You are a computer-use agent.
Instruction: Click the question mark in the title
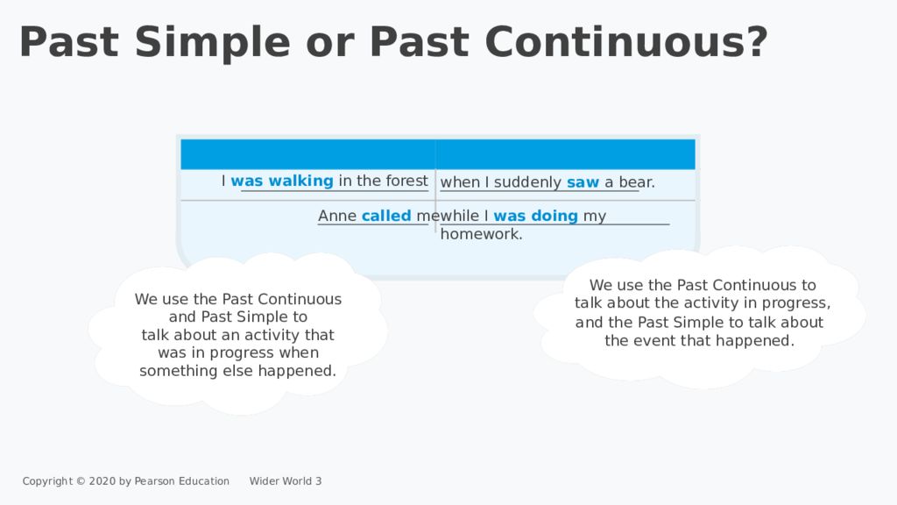756,41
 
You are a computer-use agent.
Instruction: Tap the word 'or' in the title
330,46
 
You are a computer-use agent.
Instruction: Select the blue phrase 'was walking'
282,181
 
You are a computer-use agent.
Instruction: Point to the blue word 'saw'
583,182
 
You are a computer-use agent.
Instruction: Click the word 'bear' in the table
635,182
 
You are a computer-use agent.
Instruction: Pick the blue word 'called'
386,216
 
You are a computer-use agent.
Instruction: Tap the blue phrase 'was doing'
536,216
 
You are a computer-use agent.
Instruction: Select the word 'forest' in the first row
407,181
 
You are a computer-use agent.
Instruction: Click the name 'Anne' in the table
337,216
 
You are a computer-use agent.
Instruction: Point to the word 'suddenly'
527,182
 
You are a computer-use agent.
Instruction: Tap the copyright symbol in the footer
81,481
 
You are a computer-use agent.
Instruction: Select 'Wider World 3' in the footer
286,481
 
